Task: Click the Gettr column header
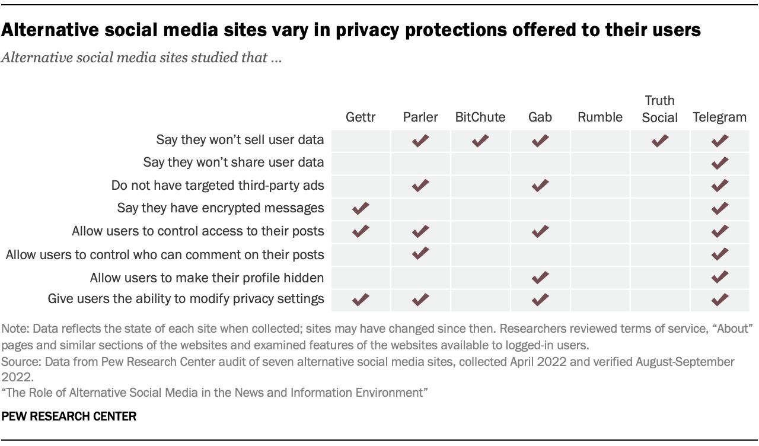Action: (361, 117)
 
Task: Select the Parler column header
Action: (420, 117)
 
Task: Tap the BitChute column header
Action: (480, 117)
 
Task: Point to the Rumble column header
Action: (600, 117)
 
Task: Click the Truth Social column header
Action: (659, 109)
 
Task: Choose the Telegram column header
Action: (719, 117)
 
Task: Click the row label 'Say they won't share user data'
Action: (234, 163)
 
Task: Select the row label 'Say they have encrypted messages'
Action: (221, 208)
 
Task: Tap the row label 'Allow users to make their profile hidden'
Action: (207, 277)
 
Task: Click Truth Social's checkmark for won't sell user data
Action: (659, 141)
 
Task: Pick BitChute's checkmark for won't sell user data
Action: (480, 141)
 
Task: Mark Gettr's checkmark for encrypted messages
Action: (361, 209)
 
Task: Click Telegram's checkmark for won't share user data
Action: (719, 163)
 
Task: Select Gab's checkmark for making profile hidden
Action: (540, 277)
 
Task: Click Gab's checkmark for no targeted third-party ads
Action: (540, 186)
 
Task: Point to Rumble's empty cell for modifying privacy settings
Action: (600, 300)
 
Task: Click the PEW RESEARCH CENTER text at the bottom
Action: (69, 417)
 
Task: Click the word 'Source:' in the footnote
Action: (18, 362)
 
